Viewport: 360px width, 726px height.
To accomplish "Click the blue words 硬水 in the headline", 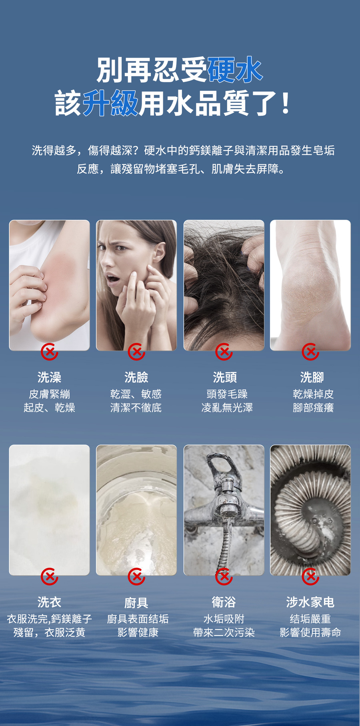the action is click(235, 70).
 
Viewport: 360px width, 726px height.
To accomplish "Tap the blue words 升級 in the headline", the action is click(110, 103).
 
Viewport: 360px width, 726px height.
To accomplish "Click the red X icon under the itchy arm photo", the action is click(50, 352).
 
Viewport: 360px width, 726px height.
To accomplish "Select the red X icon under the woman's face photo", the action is click(136, 352).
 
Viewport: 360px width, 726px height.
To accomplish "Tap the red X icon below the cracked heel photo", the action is click(310, 352).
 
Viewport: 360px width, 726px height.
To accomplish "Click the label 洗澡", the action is click(50, 377).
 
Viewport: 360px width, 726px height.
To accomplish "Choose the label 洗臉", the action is click(136, 377).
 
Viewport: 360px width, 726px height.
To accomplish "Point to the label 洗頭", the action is click(225, 377).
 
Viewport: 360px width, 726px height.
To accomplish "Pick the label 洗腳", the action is click(312, 377).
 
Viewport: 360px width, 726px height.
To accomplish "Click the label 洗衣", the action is click(50, 602).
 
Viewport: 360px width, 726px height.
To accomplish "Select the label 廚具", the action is click(136, 602).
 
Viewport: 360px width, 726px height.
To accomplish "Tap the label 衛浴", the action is click(224, 602).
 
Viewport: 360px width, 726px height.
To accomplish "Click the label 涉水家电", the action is click(310, 602).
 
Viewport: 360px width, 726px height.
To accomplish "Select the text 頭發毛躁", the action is click(227, 394).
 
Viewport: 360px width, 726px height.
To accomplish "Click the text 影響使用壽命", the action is click(310, 633).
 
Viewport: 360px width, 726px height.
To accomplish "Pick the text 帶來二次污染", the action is click(224, 633).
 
